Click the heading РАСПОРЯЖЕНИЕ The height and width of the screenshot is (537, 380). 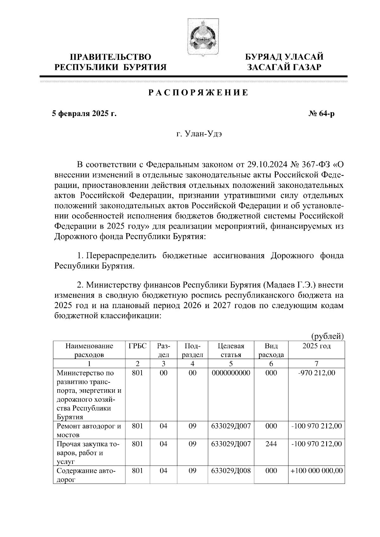(199, 93)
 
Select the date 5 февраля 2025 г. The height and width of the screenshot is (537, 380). (84, 114)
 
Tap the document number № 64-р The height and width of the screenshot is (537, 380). (321, 114)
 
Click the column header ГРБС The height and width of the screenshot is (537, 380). (138, 346)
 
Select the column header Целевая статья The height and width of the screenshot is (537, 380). (231, 350)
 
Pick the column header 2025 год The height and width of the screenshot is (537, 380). (316, 346)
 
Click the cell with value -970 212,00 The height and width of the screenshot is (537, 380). (316, 373)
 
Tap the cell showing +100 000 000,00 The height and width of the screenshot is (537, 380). (316, 470)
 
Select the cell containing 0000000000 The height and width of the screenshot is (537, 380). (231, 373)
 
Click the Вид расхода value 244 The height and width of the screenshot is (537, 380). (271, 444)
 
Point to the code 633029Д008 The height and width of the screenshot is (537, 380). (231, 470)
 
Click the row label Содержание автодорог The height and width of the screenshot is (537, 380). (86, 475)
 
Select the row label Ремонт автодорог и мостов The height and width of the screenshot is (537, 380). (89, 430)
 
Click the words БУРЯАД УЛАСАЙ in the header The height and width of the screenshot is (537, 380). (285, 57)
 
